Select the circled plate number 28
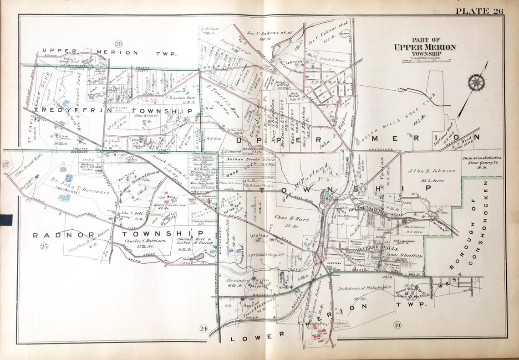(x=119, y=44)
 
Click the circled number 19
(x=397, y=324)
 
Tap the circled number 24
(x=203, y=328)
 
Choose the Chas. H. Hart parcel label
(x=292, y=220)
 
